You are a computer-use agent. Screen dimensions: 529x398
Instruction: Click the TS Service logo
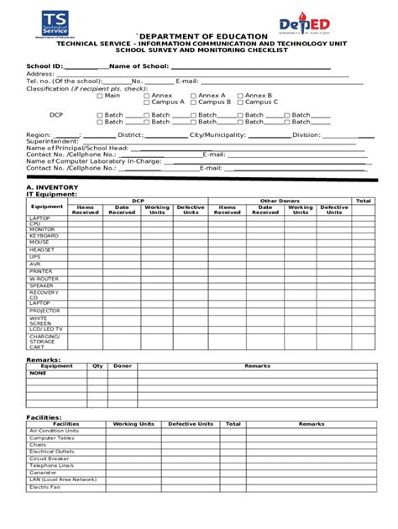[x=57, y=24]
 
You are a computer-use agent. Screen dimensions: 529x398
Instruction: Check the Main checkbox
[x=100, y=96]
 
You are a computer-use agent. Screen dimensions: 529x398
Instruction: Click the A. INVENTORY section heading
[x=53, y=186]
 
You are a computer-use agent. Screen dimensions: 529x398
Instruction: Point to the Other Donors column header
[x=280, y=201]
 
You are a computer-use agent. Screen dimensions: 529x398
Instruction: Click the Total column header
[x=363, y=201]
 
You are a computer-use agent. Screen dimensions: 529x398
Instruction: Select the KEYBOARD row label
[x=45, y=236]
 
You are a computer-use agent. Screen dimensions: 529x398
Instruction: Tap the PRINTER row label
[x=41, y=271]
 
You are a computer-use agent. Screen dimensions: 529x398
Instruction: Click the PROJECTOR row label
[x=45, y=310]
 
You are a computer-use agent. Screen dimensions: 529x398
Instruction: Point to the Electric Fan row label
[x=45, y=486]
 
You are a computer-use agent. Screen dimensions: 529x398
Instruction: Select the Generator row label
[x=44, y=472]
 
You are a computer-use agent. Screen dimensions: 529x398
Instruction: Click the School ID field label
[x=45, y=65]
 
